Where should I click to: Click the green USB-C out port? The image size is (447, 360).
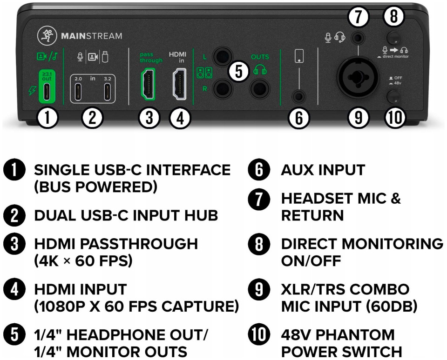[x=47, y=92]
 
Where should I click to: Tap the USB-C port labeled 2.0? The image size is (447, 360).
[x=78, y=92]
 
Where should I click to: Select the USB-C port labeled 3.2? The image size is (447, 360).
[x=107, y=92]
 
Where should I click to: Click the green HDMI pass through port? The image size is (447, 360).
[x=148, y=84]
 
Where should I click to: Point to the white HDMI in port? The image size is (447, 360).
[x=180, y=84]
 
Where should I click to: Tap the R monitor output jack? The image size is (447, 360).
[x=223, y=88]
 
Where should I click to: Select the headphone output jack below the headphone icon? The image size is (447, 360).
[x=260, y=88]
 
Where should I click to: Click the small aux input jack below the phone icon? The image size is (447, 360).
[x=299, y=97]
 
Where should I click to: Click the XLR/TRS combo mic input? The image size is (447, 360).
[x=358, y=77]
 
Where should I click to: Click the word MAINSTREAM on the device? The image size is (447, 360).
[x=92, y=36]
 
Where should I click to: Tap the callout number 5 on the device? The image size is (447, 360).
[x=239, y=71]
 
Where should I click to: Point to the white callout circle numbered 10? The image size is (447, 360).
[x=395, y=117]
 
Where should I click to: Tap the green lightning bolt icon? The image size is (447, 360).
[x=32, y=90]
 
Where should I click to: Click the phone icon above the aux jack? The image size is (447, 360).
[x=299, y=56]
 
